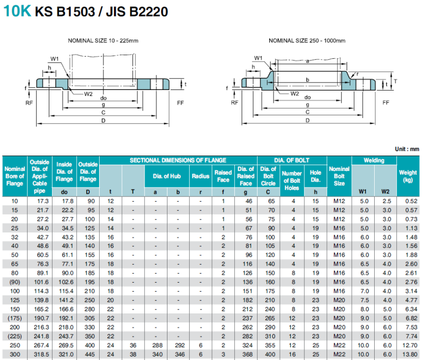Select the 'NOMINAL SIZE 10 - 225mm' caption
(x=103, y=41)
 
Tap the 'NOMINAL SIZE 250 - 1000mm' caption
(x=307, y=41)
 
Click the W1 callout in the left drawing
(x=55, y=59)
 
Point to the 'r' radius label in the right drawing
(x=357, y=74)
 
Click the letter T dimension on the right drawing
(x=395, y=81)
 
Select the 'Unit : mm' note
(x=407, y=149)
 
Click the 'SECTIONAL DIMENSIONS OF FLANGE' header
(x=178, y=160)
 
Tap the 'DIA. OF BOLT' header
(x=291, y=160)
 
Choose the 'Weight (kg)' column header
(x=408, y=176)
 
